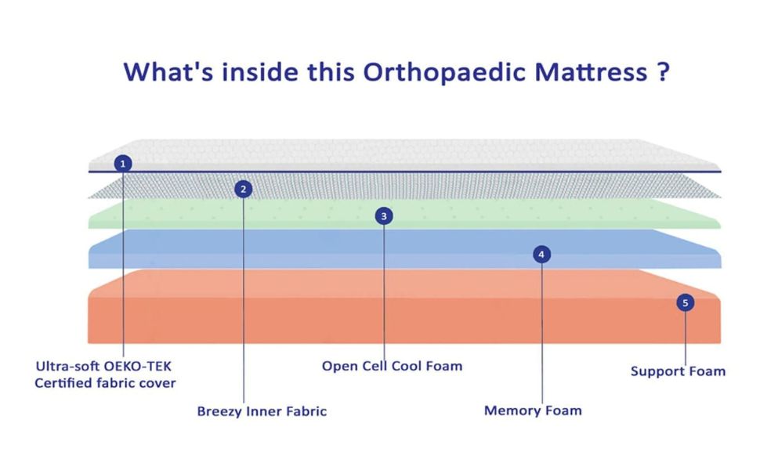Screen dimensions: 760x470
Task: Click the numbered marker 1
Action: [123, 164]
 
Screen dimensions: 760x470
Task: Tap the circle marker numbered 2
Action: [244, 189]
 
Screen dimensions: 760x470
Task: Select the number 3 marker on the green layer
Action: [383, 216]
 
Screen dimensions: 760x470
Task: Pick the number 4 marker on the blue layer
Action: [542, 254]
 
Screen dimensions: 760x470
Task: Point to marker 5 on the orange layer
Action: [685, 302]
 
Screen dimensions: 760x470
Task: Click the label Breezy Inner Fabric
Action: [262, 411]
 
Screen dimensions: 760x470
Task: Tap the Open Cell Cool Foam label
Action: [392, 366]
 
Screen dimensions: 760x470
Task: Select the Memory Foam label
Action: [533, 410]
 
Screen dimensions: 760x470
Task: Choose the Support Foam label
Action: [678, 371]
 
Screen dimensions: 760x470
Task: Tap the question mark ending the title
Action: [663, 72]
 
